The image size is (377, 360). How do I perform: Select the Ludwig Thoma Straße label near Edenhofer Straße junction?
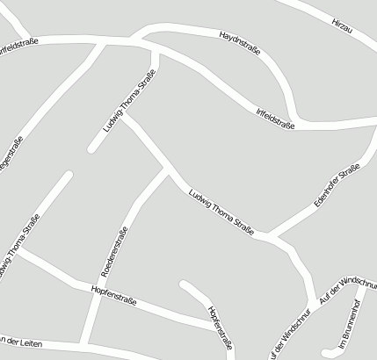point(222,215)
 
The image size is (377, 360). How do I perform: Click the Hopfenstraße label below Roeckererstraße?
point(116,297)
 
